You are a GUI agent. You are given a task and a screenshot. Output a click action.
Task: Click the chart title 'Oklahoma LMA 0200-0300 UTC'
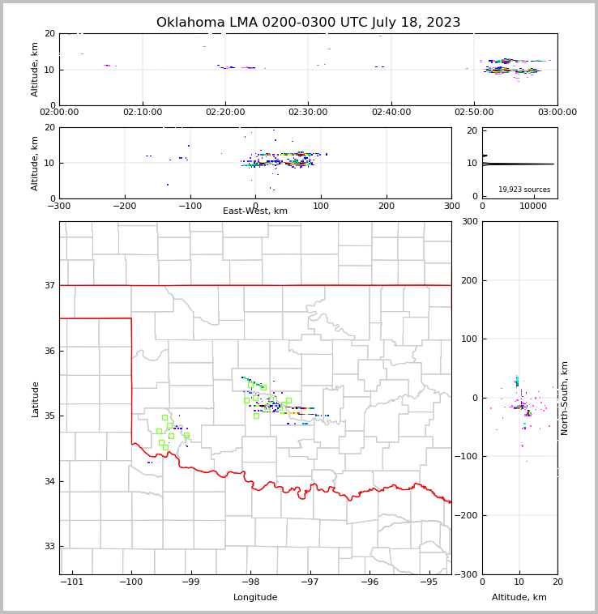coord(308,23)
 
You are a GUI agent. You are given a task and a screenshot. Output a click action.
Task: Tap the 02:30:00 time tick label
coord(308,112)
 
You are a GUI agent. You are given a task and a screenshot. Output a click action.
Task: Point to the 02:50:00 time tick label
coord(474,112)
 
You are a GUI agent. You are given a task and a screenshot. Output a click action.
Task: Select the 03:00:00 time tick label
coord(557,112)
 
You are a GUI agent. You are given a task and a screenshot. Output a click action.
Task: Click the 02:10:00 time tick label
coord(143,112)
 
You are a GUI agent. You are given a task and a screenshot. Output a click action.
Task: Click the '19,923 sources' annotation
coord(524,190)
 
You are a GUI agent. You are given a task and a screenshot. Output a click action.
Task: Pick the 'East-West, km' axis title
coord(255,211)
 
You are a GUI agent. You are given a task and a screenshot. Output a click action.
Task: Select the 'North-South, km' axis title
coord(565,398)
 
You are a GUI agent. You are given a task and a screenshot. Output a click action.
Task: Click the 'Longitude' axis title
coord(255,598)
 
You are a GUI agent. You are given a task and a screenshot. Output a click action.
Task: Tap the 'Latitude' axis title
coord(36,399)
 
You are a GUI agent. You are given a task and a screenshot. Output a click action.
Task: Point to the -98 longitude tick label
coord(250,582)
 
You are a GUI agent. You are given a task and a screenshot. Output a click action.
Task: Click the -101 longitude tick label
coord(72,582)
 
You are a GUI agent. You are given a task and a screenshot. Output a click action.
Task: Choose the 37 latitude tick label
coord(49,285)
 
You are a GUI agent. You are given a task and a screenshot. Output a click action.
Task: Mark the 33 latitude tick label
coord(49,546)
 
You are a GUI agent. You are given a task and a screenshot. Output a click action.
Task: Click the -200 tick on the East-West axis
coord(125,206)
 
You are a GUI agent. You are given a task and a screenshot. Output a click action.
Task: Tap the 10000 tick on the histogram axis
coord(533,206)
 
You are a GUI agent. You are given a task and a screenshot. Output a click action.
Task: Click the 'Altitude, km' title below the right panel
coord(519,598)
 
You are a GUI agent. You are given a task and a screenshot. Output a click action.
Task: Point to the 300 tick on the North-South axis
coord(470,222)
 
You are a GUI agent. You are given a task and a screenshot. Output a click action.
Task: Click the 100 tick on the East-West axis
coord(321,206)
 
